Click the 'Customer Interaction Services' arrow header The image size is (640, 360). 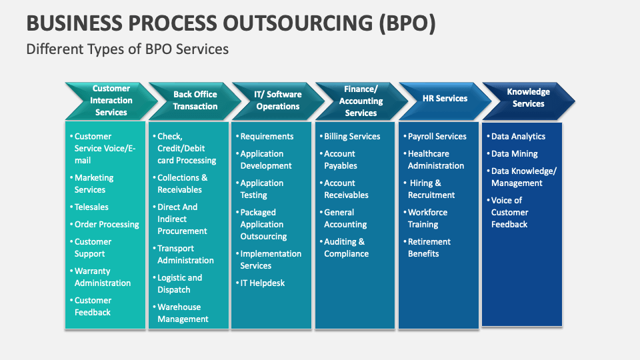pyautogui.click(x=111, y=101)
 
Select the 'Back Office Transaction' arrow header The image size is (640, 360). pyautogui.click(x=195, y=101)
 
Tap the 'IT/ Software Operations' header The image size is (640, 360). pyautogui.click(x=277, y=101)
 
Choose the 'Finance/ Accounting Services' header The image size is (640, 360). pyautogui.click(x=361, y=101)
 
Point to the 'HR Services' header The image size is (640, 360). pyautogui.click(x=445, y=99)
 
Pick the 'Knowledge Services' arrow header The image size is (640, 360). pyautogui.click(x=528, y=98)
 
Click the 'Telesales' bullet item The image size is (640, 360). pyautogui.click(x=91, y=207)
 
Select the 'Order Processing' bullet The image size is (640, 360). pyautogui.click(x=107, y=225)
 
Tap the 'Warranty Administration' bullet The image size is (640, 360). pyautogui.click(x=102, y=277)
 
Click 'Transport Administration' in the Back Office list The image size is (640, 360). pyautogui.click(x=185, y=255)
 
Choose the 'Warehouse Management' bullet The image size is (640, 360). pyautogui.click(x=183, y=313)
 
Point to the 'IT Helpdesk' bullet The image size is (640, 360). pyautogui.click(x=262, y=283)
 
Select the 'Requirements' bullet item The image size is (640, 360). pyautogui.click(x=267, y=137)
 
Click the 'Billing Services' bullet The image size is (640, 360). pyautogui.click(x=352, y=137)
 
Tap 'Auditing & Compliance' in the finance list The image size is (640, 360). pyautogui.click(x=346, y=248)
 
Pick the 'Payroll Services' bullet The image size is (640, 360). pyautogui.click(x=437, y=137)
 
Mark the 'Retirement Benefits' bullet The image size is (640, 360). pyautogui.click(x=429, y=248)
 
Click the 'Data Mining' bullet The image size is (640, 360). pyautogui.click(x=514, y=154)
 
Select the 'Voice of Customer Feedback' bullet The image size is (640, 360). pyautogui.click(x=509, y=213)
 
